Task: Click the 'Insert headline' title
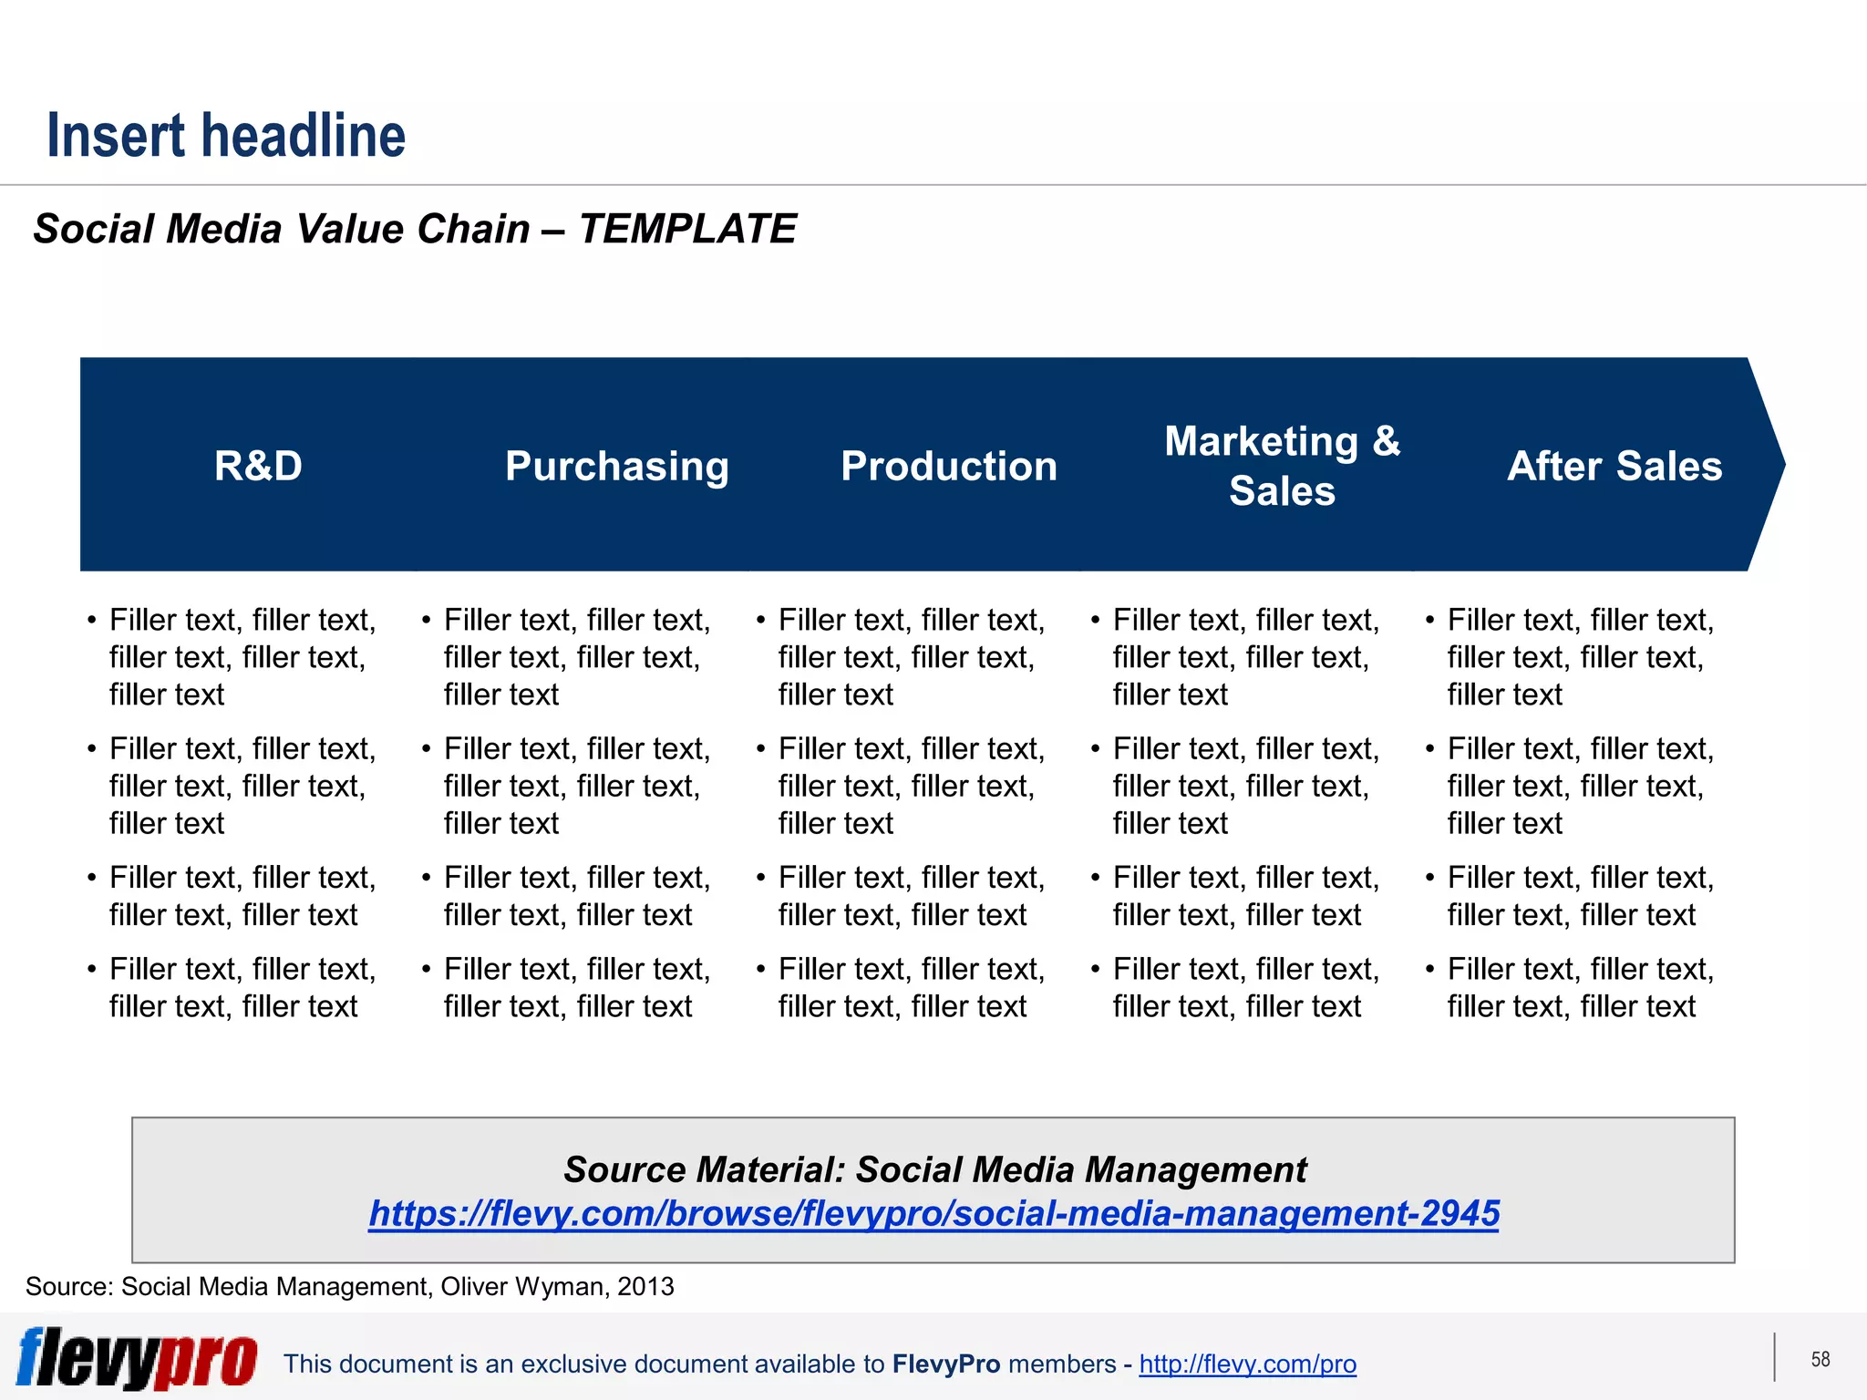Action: pos(226,135)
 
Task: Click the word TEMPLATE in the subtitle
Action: pos(687,229)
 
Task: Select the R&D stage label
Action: pos(258,466)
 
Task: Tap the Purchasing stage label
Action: pos(617,466)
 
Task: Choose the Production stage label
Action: pos(949,466)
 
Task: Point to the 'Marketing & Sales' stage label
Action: pos(1282,466)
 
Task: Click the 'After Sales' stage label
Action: pos(1614,466)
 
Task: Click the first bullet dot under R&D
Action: pos(92,621)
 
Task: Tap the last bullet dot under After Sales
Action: pos(1430,969)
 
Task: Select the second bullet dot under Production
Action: pos(761,749)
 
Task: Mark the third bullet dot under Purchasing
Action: pos(427,878)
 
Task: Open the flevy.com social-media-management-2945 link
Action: pos(933,1213)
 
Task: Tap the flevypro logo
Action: pos(137,1358)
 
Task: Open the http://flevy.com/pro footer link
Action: pos(1247,1364)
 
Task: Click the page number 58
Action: pos(1821,1359)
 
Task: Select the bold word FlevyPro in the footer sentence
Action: pos(946,1364)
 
